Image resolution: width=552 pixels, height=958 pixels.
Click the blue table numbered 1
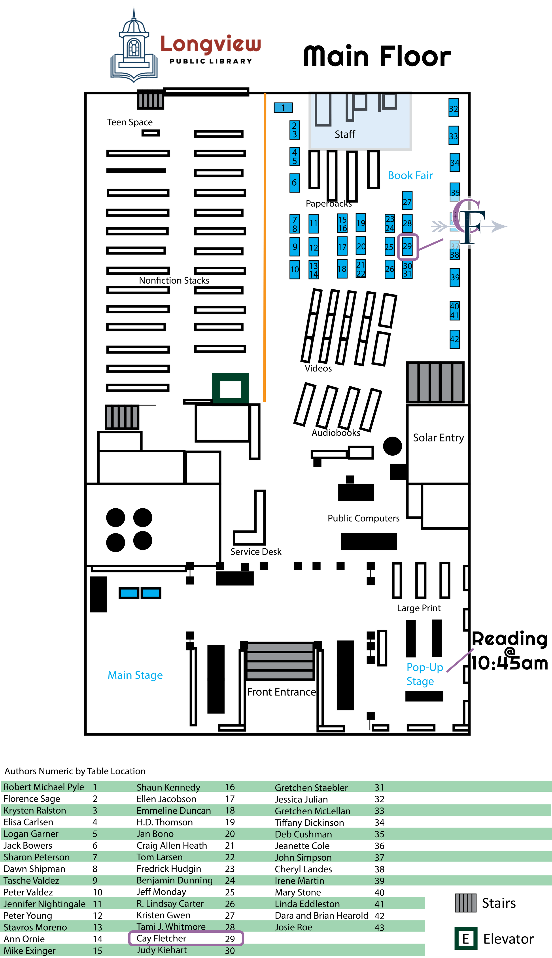[283, 108]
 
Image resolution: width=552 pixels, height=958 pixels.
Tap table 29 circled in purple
[407, 247]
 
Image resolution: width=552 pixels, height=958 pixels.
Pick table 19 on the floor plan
[361, 223]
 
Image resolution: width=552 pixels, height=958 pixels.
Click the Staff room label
[345, 134]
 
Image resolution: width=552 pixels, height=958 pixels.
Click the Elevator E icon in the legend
[466, 938]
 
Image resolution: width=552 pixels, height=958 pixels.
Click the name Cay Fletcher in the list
[161, 938]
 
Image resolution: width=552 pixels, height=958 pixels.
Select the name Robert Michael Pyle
[43, 787]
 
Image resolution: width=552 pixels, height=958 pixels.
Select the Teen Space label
[130, 122]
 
